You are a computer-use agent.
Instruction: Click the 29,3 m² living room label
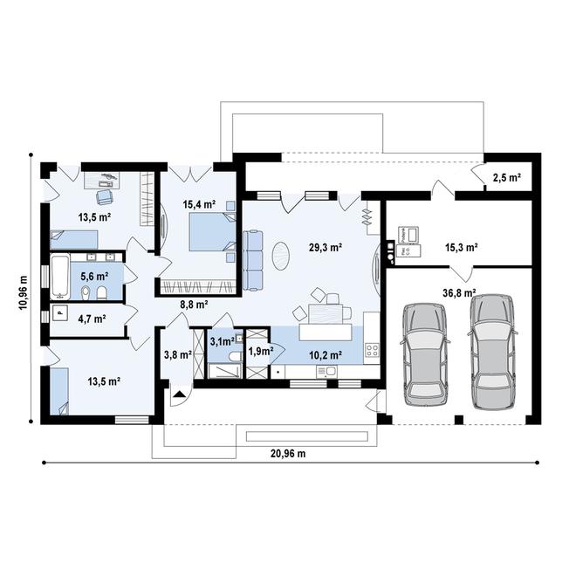[326, 247]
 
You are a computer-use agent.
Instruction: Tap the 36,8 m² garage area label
[460, 292]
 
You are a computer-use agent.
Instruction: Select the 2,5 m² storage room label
[506, 178]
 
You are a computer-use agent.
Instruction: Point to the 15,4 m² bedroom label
[199, 204]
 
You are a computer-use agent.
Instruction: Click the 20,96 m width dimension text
[288, 454]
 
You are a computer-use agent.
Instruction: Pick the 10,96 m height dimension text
[24, 292]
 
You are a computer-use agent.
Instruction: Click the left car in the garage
[425, 354]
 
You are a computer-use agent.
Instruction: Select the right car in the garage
[492, 352]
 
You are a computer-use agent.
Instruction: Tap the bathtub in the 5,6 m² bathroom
[60, 277]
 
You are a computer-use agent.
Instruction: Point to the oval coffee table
[281, 256]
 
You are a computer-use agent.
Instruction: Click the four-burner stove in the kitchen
[372, 350]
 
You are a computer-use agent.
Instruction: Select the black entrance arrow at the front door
[179, 394]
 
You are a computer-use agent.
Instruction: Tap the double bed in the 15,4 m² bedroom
[212, 232]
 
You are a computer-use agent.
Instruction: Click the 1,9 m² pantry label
[261, 351]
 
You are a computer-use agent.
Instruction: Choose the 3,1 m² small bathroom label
[223, 341]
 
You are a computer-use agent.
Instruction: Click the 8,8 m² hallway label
[195, 305]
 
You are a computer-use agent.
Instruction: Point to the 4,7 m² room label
[92, 319]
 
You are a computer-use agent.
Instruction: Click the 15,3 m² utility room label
[462, 247]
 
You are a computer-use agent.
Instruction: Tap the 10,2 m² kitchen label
[326, 355]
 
